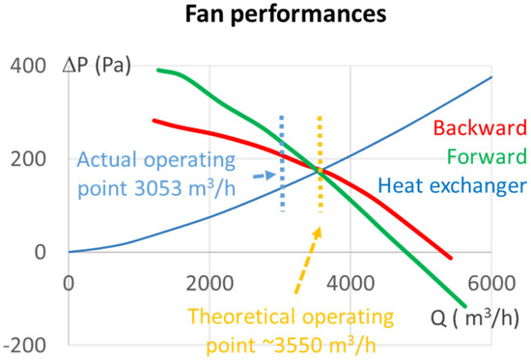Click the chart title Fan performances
(x=265, y=18)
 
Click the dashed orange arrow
(x=307, y=261)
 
